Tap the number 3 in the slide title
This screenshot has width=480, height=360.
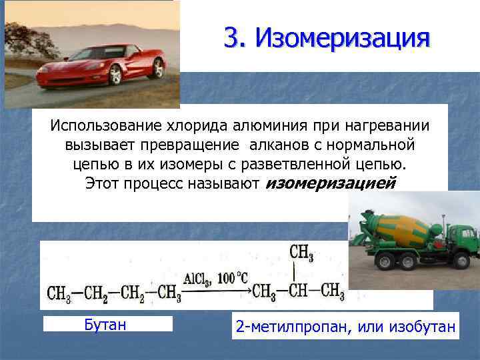tap(232, 37)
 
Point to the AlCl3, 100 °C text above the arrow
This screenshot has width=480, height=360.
tap(216, 277)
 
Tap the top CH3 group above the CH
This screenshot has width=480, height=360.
tap(301, 253)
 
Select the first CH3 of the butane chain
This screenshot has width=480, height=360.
tap(59, 293)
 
